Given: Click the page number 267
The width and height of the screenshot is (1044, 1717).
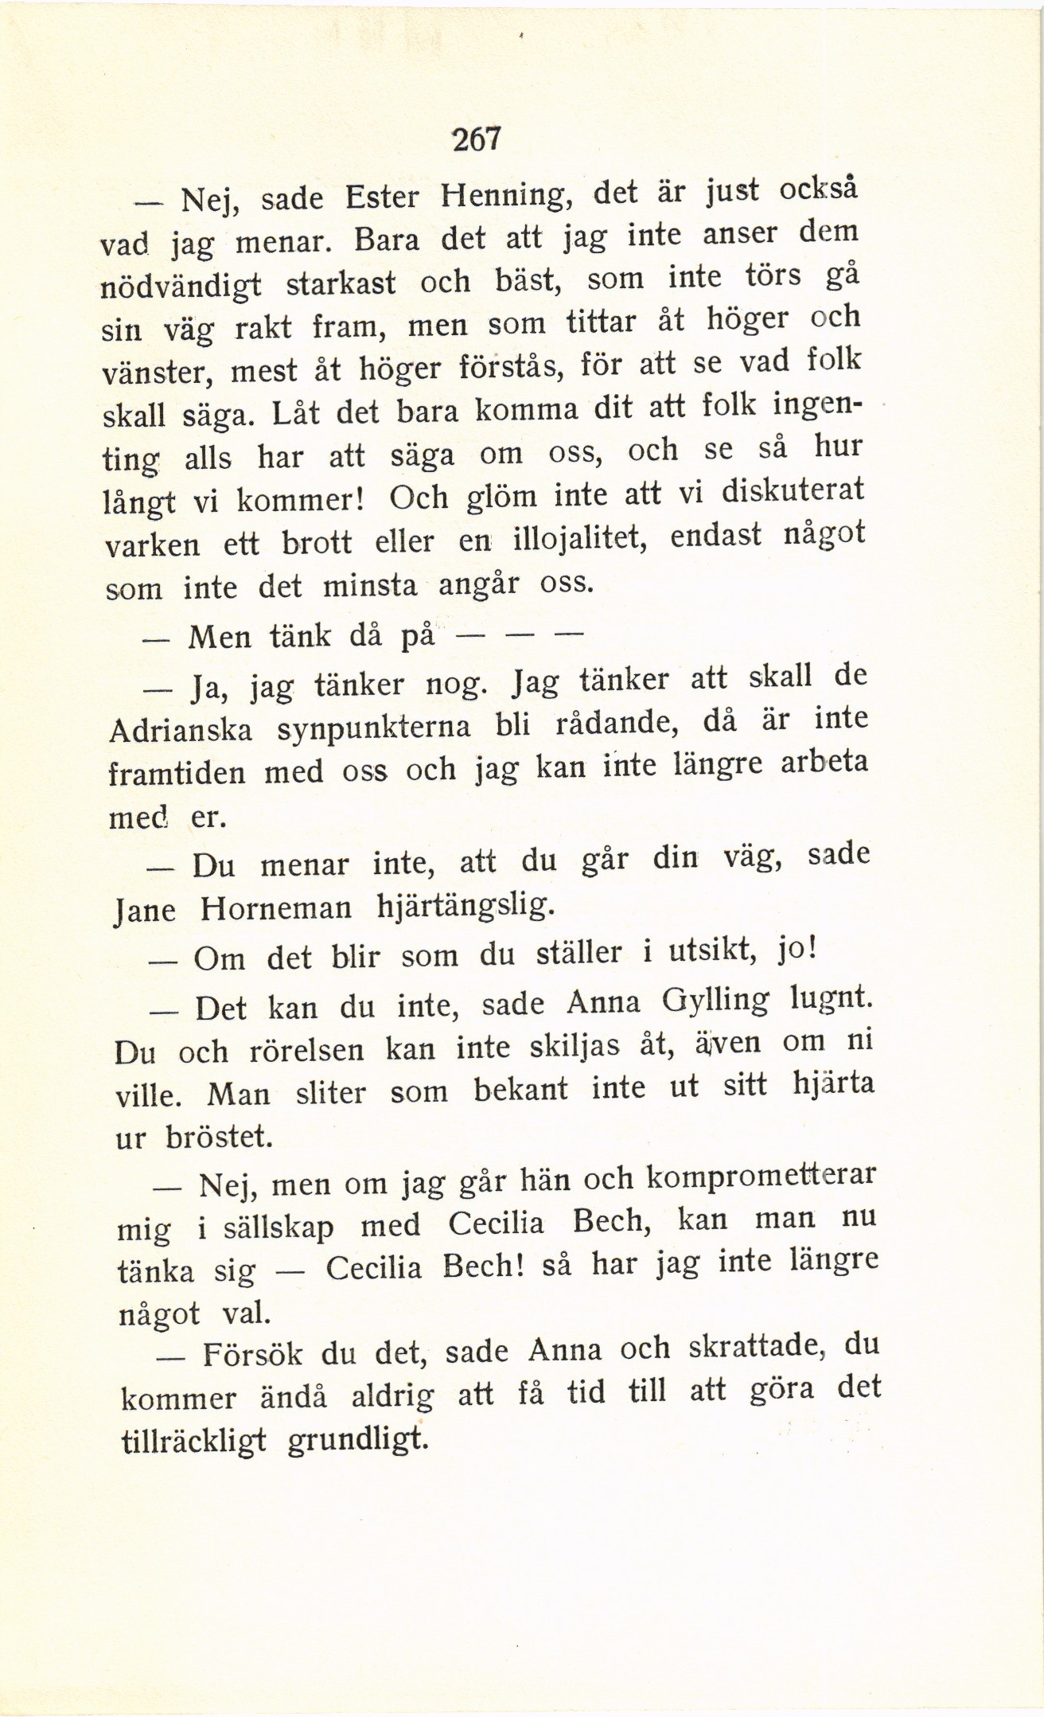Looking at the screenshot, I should click(x=477, y=140).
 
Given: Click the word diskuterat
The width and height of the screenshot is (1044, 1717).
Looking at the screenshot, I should click(x=793, y=490).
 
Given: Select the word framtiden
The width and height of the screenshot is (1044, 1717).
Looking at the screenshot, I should click(x=176, y=774).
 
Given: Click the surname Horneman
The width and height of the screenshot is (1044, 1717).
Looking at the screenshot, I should click(x=275, y=909).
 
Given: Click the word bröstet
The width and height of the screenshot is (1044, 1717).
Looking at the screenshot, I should click(x=219, y=1137).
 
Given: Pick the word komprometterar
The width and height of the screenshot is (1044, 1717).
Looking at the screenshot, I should click(x=760, y=1177).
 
